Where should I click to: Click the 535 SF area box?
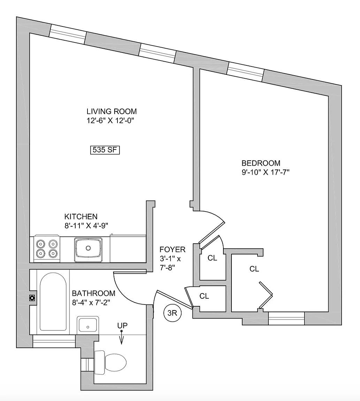coord(105,150)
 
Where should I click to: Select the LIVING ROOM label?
coord(112,112)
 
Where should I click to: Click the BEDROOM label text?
coord(261,163)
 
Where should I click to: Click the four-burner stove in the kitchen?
coord(46,248)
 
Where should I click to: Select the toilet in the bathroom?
coord(112,362)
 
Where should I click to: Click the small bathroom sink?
coord(88,325)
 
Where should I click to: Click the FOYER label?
coord(172,250)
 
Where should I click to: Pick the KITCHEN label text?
coord(81,217)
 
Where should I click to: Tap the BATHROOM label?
coord(93,293)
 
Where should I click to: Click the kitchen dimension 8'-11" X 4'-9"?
coord(86,225)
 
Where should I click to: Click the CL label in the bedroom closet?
coord(254,269)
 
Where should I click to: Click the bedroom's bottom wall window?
coord(286,318)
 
